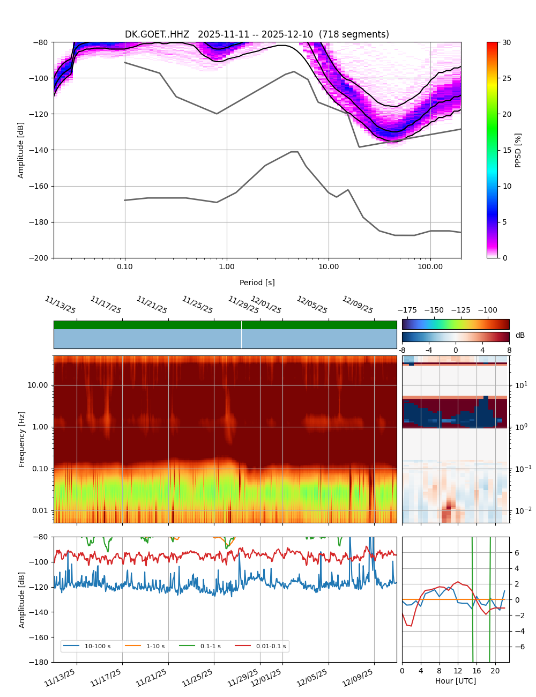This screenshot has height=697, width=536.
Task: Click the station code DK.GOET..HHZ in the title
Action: (x=157, y=34)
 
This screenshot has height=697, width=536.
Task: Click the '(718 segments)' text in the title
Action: (x=354, y=34)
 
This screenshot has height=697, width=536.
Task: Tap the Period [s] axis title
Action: (x=257, y=283)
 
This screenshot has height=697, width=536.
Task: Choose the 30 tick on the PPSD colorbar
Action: (x=507, y=42)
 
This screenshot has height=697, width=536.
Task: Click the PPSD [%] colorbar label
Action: (x=518, y=150)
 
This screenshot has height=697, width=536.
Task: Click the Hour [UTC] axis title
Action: (x=455, y=681)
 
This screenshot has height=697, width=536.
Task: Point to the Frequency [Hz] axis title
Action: (x=22, y=439)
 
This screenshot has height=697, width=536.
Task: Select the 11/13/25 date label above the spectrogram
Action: (x=60, y=305)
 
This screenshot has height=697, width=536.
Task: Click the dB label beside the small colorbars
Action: (x=520, y=336)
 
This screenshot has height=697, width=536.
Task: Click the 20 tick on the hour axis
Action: (x=495, y=671)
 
